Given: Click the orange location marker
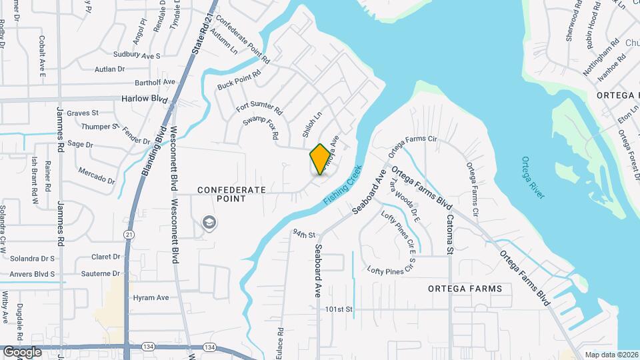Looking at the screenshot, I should pyautogui.click(x=321, y=159).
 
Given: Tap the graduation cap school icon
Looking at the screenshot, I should pyautogui.click(x=209, y=222).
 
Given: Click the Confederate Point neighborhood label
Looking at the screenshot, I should pyautogui.click(x=231, y=194).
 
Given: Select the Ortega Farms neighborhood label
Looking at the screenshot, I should pyautogui.click(x=465, y=289).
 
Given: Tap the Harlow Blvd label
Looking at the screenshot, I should pyautogui.click(x=143, y=99).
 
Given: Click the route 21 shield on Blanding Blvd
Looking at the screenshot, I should pyautogui.click(x=127, y=234).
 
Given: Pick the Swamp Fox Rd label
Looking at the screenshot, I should pyautogui.click(x=261, y=127).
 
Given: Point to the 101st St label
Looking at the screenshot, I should pyautogui.click(x=338, y=310).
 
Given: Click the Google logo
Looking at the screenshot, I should pyautogui.click(x=22, y=351).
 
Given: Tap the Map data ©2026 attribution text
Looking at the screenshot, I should pyautogui.click(x=611, y=355).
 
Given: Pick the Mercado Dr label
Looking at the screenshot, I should pyautogui.click(x=96, y=175).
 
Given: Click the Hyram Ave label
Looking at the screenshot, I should pyautogui.click(x=151, y=298).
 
